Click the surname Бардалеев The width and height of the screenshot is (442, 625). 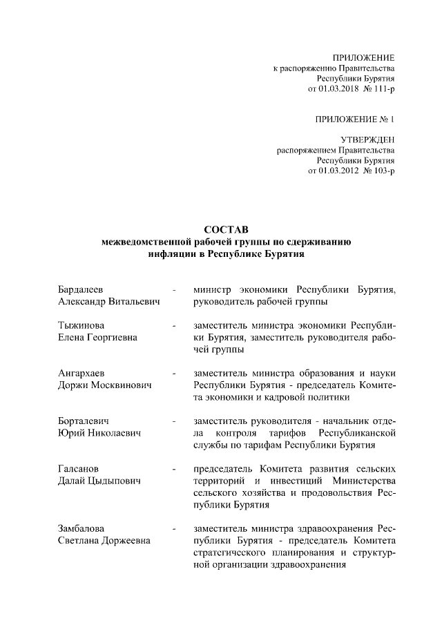click(x=81, y=289)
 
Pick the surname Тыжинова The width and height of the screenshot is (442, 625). click(x=79, y=325)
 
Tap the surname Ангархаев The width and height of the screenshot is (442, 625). click(x=80, y=374)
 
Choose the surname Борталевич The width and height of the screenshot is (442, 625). click(x=84, y=421)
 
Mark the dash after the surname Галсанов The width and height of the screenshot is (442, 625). click(x=175, y=470)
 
